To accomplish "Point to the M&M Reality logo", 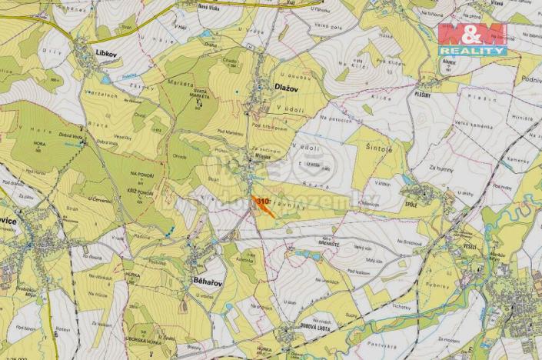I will coord(472,38).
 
